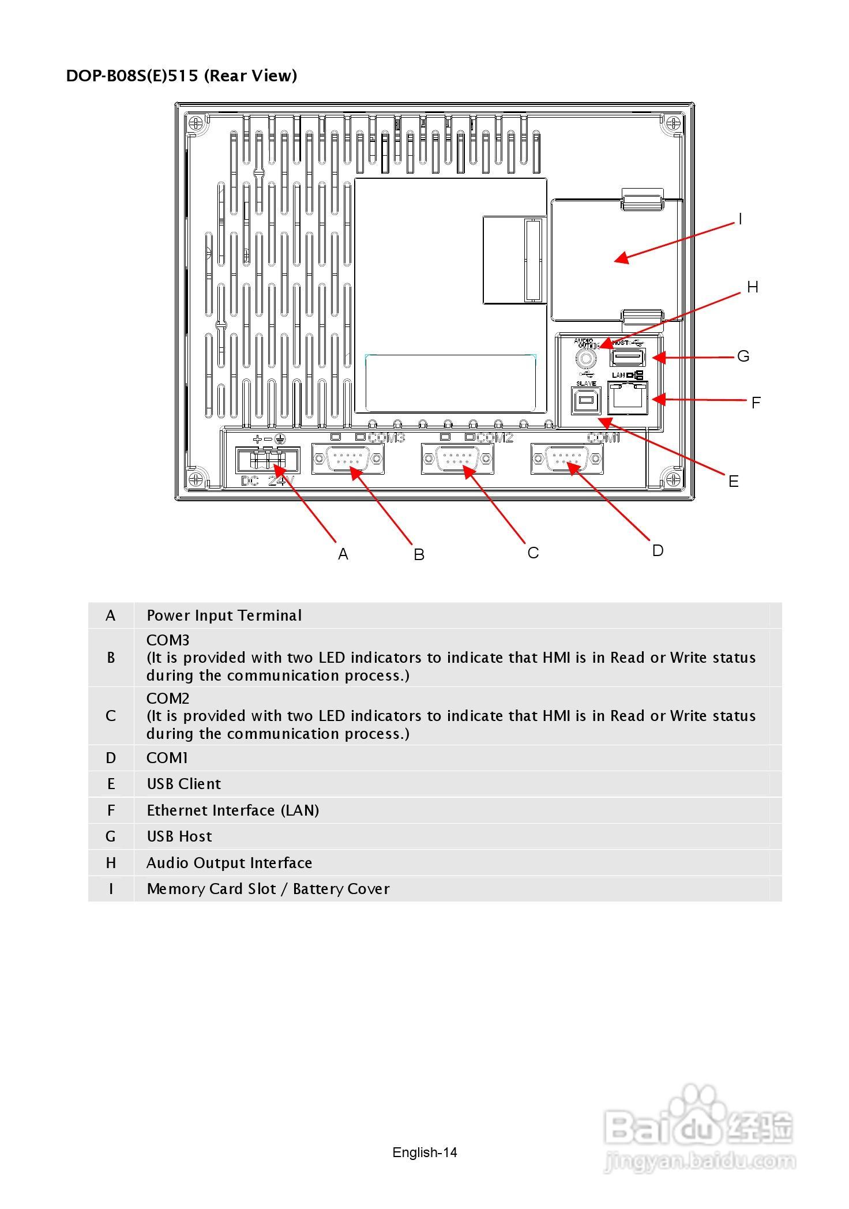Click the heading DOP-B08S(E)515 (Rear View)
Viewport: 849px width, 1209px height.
[182, 76]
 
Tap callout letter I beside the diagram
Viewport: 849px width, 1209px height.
[740, 219]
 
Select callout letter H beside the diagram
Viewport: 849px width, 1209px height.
[752, 287]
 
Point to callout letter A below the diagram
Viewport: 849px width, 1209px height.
[343, 554]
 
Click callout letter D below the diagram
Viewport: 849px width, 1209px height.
[658, 551]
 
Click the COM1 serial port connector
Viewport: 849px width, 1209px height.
[567, 459]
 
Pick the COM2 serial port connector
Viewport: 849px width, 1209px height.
[457, 459]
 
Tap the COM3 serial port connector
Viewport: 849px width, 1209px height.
[348, 459]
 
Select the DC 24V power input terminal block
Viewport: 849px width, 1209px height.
[268, 460]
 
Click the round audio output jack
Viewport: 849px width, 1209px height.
[585, 359]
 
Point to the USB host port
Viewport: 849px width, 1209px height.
[628, 358]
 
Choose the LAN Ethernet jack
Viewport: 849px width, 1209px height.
[628, 397]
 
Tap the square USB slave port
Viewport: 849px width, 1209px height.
[585, 400]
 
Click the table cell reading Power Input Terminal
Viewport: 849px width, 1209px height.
[224, 615]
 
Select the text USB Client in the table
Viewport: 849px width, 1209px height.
[183, 784]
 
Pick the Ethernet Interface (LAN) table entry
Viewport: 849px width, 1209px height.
[232, 810]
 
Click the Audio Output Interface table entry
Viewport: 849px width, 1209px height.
[229, 863]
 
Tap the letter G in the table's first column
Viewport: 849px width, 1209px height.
[111, 836]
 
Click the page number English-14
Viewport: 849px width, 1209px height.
[424, 1152]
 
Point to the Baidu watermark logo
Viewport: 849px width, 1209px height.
[700, 1127]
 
